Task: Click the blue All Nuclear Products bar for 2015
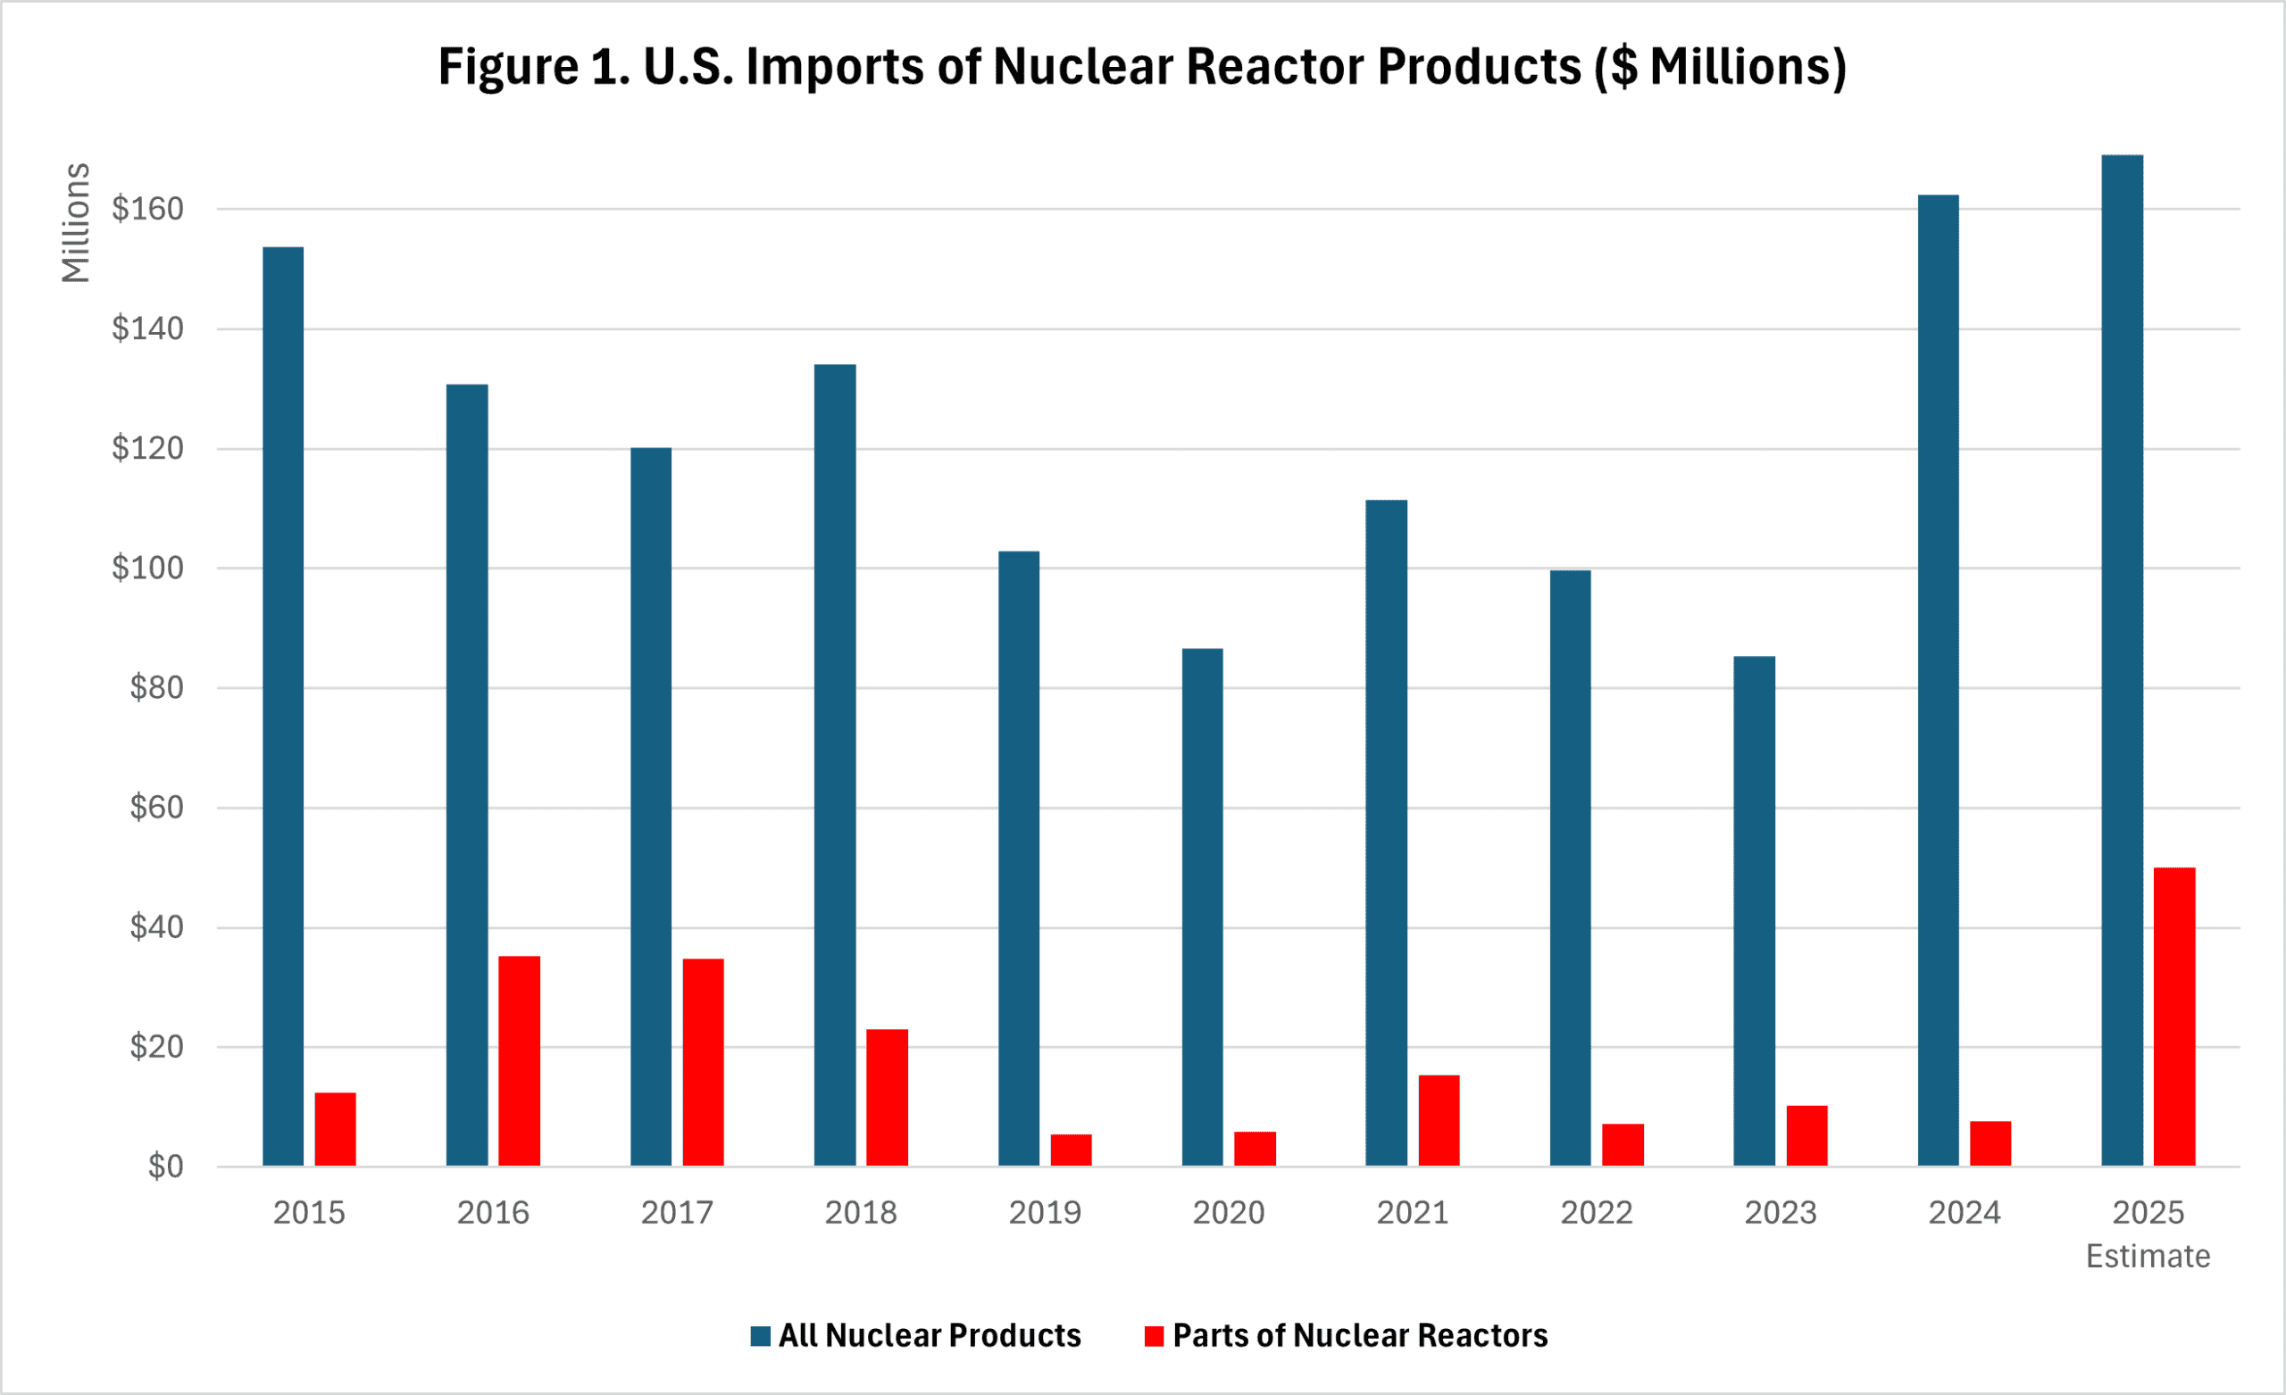283,705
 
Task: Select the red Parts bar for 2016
519,1060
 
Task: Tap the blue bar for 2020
1202,906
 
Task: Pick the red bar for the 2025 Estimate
2173,1016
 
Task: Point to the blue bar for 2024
1938,679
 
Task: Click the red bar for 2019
1071,1150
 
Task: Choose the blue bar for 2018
835,764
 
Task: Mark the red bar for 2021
1438,1119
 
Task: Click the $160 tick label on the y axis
147,209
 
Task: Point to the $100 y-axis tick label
147,568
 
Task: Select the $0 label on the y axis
166,1166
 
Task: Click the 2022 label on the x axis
1596,1212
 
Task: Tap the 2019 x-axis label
1045,1212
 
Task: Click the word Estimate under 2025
2148,1256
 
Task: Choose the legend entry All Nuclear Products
929,1334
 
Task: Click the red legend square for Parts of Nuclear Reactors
1154,1335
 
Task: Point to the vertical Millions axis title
76,222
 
